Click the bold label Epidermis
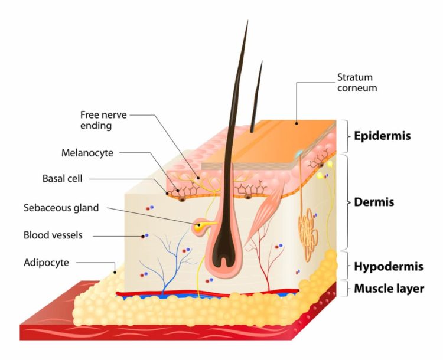point(382,136)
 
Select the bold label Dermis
point(374,202)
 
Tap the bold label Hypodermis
point(389,267)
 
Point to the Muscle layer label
point(389,289)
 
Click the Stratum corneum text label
point(357,83)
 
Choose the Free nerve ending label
point(103,120)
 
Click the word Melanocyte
point(87,153)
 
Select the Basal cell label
point(63,178)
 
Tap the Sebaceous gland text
point(61,208)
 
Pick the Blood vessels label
point(53,235)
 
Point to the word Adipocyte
point(46,263)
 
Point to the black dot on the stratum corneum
point(297,123)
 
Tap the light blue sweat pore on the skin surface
point(299,153)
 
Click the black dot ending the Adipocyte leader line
point(115,272)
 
